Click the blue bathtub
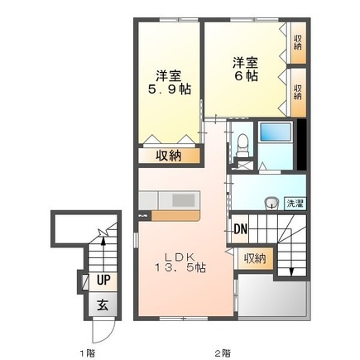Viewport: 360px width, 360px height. pyautogui.click(x=272, y=133)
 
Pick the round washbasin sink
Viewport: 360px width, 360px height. pyautogui.click(x=270, y=203)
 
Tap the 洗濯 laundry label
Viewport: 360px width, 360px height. pyautogui.click(x=294, y=202)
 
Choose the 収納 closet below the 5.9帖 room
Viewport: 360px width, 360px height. pyautogui.click(x=168, y=155)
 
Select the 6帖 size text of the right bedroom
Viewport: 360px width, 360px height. pyautogui.click(x=244, y=75)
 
